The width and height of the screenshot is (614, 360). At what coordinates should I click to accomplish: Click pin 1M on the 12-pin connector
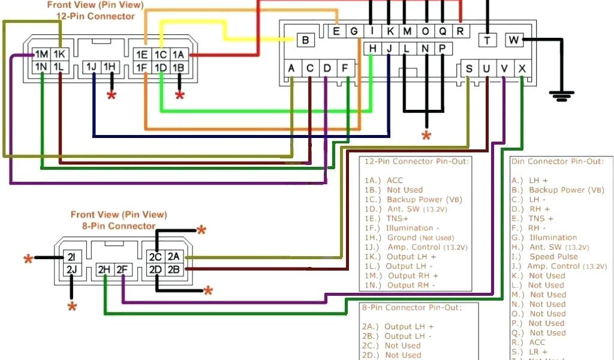click(41, 55)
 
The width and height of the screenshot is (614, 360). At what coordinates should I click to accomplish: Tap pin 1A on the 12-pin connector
click(178, 55)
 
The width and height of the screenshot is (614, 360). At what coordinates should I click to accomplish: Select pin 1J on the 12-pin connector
click(92, 67)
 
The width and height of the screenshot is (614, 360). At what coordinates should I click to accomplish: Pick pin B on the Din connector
click(306, 40)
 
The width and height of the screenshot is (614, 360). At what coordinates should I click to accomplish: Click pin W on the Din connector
click(514, 40)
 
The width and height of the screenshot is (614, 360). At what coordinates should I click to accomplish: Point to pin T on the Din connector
click(487, 40)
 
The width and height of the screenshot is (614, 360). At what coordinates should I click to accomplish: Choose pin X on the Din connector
click(522, 68)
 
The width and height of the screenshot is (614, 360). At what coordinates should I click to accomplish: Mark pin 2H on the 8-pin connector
click(105, 270)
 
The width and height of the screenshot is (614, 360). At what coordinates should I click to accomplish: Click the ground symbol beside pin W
click(561, 95)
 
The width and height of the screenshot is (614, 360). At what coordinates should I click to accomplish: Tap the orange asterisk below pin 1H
click(112, 95)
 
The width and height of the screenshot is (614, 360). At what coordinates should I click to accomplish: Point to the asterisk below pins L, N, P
click(426, 136)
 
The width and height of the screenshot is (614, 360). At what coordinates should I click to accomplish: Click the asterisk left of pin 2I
click(28, 259)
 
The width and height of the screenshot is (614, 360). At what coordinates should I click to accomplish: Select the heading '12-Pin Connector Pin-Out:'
click(410, 161)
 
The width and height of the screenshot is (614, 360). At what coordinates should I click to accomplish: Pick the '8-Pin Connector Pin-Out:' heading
click(411, 307)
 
